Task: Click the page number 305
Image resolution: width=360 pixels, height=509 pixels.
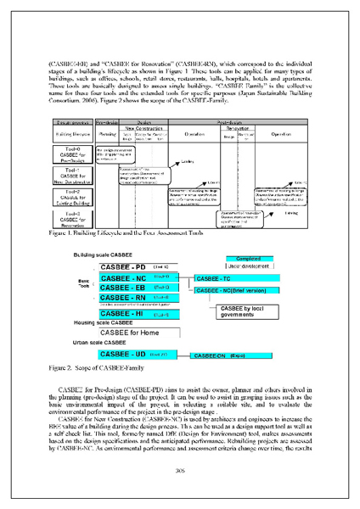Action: (x=179, y=471)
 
